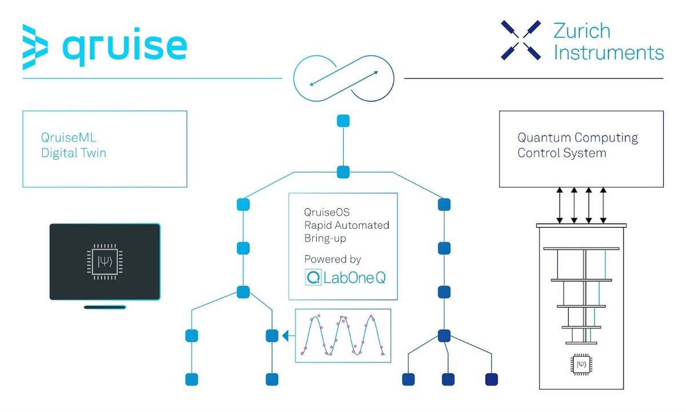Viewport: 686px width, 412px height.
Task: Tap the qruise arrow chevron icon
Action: [35, 47]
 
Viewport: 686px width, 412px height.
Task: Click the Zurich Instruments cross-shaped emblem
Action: [520, 40]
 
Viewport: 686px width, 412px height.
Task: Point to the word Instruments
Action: [609, 53]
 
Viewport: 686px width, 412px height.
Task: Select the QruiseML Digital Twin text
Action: [73, 146]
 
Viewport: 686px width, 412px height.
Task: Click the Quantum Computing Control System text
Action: [577, 145]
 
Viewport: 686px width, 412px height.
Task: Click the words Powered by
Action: [333, 259]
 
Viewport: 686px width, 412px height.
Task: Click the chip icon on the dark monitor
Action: [104, 262]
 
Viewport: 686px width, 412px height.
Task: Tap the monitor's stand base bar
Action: [105, 307]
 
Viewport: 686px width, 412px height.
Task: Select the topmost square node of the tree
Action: [343, 121]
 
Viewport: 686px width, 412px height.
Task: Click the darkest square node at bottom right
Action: [491, 379]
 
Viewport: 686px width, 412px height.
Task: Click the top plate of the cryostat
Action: [581, 225]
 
